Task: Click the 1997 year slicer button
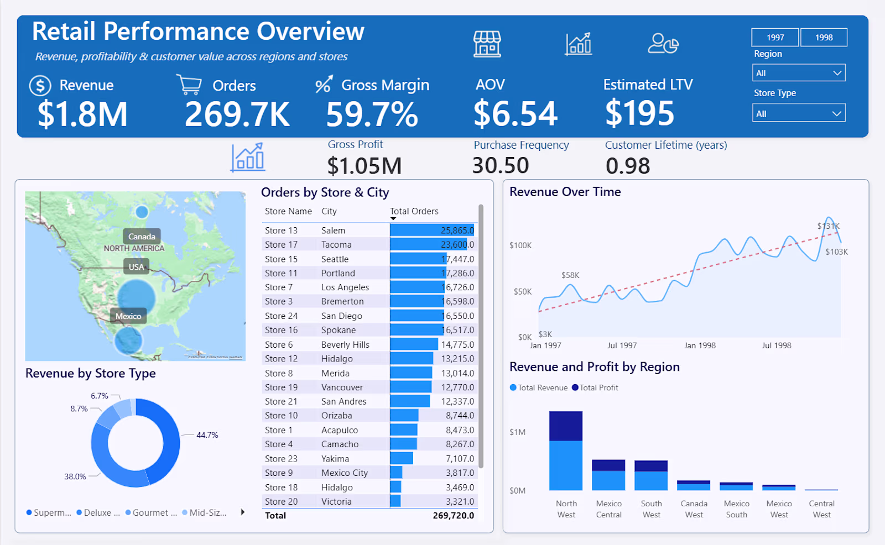775,38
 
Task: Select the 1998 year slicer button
824,38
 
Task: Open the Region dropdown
799,73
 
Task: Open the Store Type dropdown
799,114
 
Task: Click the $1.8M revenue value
82,114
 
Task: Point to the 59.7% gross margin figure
372,114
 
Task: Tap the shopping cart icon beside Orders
189,85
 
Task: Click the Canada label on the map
142,237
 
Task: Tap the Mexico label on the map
128,316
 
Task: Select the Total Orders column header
414,211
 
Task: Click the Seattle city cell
335,259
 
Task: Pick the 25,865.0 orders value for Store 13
457,230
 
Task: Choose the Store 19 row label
281,387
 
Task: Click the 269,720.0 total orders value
453,515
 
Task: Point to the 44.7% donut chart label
207,435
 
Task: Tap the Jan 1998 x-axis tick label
700,345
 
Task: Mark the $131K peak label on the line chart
828,226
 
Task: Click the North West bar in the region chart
566,450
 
